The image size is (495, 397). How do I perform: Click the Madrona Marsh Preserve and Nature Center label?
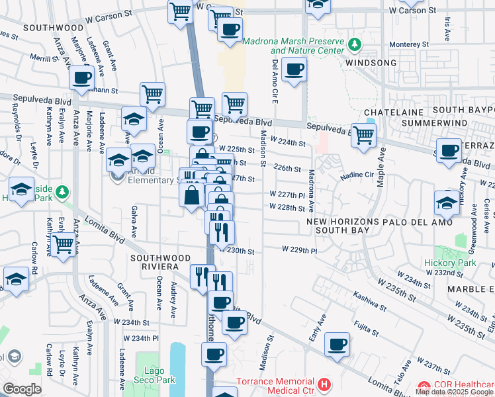(293, 46)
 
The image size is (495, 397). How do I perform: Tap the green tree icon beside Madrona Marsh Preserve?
(355, 44)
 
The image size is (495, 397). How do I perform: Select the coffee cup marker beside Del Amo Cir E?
(294, 69)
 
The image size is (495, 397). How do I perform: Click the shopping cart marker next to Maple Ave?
(363, 135)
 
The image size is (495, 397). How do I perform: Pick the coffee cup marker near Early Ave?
(337, 344)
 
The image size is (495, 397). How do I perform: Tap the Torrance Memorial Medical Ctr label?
(277, 386)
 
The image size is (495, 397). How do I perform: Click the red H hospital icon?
(324, 384)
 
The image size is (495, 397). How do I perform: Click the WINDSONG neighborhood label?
(370, 63)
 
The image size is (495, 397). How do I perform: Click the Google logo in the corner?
(22, 389)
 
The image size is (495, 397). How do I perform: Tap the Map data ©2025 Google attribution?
(454, 392)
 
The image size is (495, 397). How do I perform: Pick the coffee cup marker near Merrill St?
(82, 77)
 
